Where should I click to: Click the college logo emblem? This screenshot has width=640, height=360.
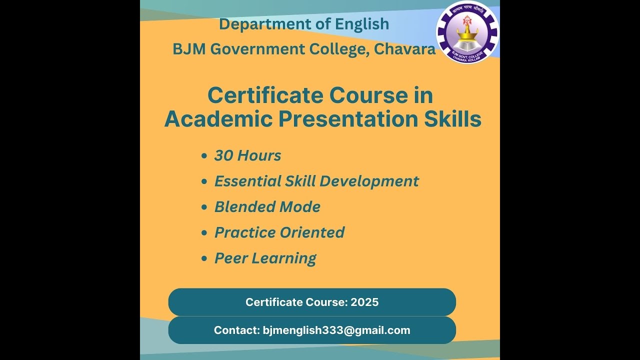point(467,32)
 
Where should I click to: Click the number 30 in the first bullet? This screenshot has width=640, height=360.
point(223,155)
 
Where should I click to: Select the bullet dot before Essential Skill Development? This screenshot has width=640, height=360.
point(204,182)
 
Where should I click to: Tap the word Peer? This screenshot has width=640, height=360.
point(230,258)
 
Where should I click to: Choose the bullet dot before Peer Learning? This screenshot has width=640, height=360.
point(204,259)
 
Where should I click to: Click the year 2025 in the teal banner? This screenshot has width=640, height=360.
point(364,302)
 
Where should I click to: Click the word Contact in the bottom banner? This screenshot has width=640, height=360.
point(235,330)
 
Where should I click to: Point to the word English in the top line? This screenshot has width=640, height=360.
point(361,24)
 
